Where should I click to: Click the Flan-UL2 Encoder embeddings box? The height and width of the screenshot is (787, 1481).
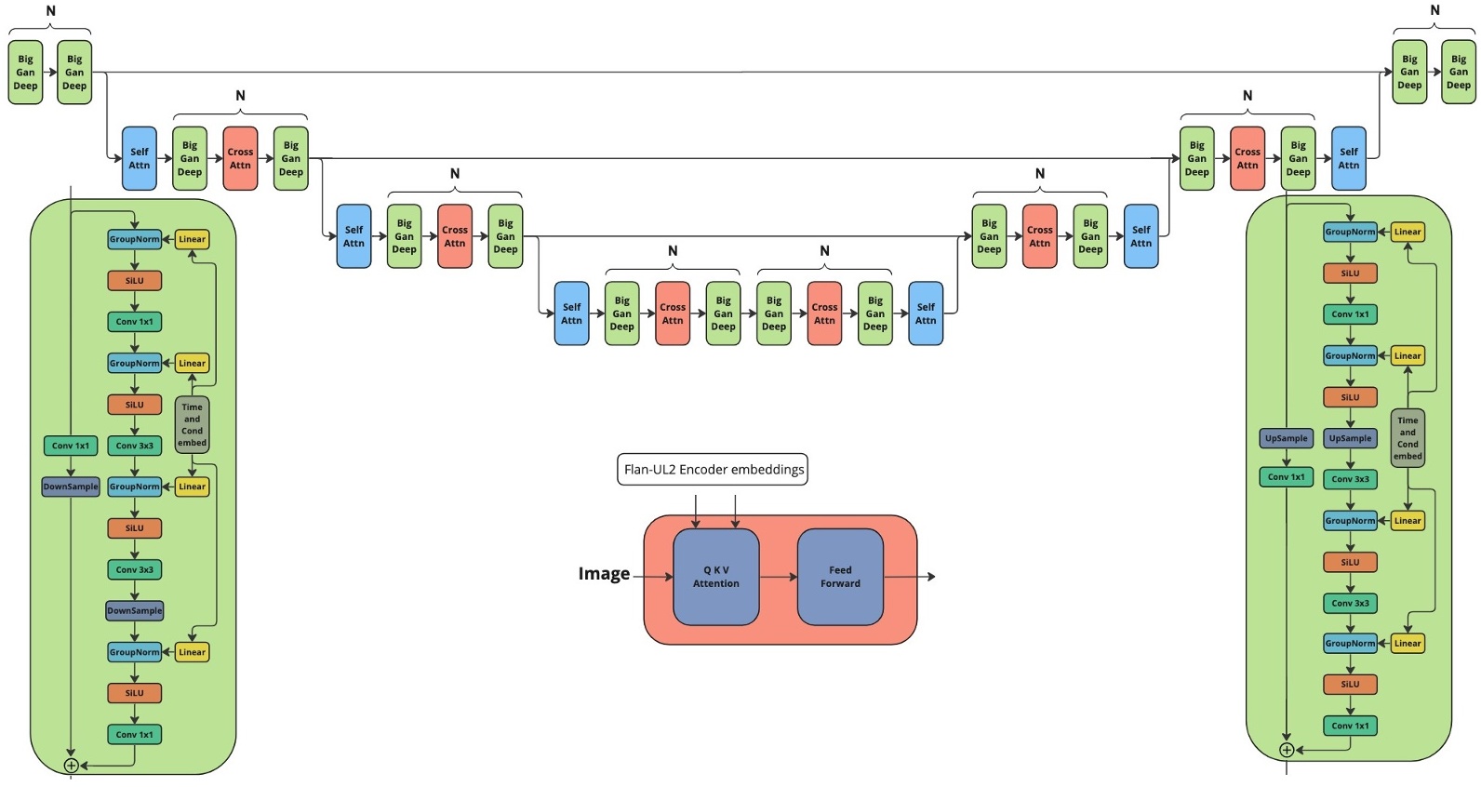(713, 469)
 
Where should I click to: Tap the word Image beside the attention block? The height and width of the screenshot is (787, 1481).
(604, 574)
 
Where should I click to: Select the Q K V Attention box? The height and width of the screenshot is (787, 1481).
(715, 577)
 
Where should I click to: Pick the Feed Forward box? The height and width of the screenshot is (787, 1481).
(840, 577)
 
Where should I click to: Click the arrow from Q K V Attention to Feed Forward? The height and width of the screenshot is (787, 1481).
(778, 577)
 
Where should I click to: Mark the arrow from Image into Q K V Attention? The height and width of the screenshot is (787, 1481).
(654, 577)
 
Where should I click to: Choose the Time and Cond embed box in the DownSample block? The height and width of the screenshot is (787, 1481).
(192, 425)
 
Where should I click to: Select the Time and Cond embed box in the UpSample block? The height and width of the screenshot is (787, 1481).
(1408, 438)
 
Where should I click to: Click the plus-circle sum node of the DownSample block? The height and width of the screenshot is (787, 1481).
(71, 766)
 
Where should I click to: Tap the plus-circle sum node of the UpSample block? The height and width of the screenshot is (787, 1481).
(1287, 750)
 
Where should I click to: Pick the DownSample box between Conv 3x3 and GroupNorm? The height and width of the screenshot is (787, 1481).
(135, 611)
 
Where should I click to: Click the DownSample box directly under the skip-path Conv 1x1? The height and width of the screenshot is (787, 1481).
(71, 487)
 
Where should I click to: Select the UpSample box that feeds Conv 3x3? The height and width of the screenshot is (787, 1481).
(1350, 438)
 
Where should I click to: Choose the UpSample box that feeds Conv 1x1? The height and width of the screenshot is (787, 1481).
(1287, 438)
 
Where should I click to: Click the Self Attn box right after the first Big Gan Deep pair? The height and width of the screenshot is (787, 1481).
(140, 158)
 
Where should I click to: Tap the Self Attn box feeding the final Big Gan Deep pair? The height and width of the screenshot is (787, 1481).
(1348, 158)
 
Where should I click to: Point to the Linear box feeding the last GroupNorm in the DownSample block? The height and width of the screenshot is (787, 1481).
(192, 652)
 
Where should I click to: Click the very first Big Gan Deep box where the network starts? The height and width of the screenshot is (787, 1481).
(25, 73)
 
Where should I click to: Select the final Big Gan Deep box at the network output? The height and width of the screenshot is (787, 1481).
(1458, 73)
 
